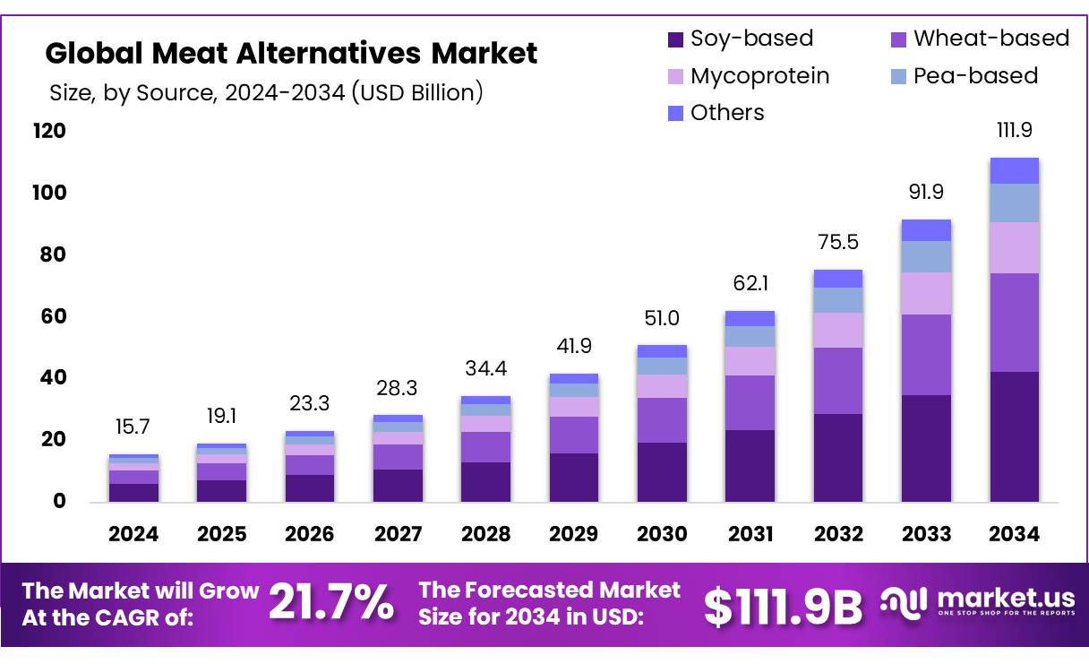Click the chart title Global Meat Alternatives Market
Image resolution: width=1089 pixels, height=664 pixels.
[x=291, y=54]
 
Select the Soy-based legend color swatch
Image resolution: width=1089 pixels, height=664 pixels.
[x=676, y=39]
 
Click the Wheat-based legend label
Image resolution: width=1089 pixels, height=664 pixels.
[x=990, y=39]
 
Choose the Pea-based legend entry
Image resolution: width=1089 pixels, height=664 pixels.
[x=974, y=76]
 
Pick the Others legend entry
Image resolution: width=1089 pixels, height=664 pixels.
[x=726, y=113]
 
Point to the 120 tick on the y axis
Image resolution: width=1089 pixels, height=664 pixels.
[x=50, y=132]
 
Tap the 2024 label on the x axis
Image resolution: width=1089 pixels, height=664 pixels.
[x=133, y=534]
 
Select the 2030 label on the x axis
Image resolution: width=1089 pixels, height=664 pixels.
[x=662, y=534]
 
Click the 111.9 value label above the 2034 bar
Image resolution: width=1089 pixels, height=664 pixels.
[x=1014, y=130]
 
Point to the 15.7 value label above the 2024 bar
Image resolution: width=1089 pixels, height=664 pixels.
[x=133, y=427]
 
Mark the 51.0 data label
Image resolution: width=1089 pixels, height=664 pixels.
[x=662, y=318]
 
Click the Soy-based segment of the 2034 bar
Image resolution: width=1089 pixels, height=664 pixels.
[x=1014, y=436]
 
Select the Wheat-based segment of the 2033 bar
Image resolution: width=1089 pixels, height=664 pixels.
[x=926, y=355]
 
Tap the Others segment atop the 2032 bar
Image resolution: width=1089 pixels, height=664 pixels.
[x=838, y=279]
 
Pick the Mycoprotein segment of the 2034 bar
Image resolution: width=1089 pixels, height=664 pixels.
[x=1014, y=247]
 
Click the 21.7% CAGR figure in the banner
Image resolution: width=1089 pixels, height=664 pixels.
[x=331, y=602]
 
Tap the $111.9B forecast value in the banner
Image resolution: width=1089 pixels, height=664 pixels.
[x=783, y=607]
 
